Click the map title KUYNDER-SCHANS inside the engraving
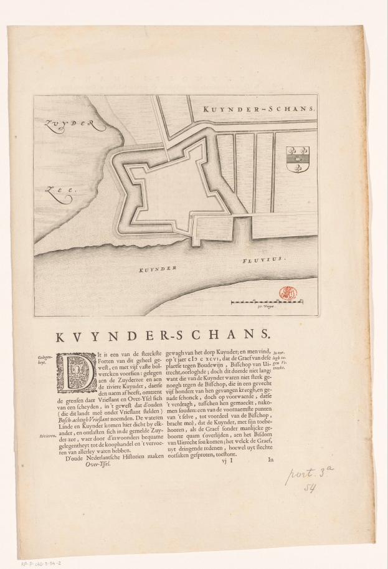[260, 108]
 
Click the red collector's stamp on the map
[288, 292]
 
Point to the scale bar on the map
[267, 302]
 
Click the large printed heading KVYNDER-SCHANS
[164, 337]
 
